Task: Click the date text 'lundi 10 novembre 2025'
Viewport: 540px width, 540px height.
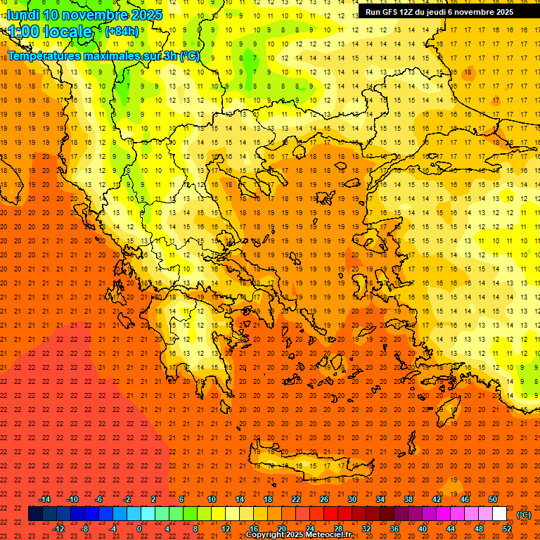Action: (84, 15)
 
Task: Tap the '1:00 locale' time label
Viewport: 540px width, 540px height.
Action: (51, 32)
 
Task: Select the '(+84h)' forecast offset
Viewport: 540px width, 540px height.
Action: (122, 32)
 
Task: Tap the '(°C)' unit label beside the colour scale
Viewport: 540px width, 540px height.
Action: (524, 515)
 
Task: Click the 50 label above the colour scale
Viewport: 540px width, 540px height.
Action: (493, 499)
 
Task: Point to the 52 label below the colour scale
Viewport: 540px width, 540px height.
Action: (507, 529)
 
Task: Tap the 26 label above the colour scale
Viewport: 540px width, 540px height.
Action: (324, 499)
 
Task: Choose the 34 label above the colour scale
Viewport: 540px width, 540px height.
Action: (380, 499)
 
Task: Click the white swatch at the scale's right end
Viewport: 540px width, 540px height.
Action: (500, 514)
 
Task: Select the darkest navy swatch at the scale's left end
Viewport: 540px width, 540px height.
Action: (36, 514)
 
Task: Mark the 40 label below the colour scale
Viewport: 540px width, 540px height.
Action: (423, 529)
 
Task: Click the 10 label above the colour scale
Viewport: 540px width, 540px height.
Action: (212, 499)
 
